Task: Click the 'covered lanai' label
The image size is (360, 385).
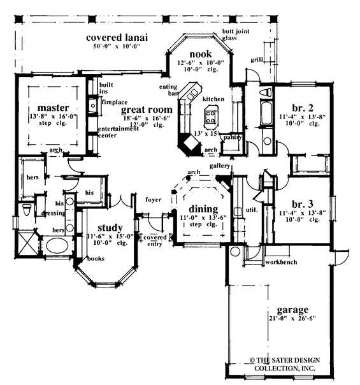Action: point(117,38)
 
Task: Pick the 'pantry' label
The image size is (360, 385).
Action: point(233,137)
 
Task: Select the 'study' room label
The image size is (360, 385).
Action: point(110,228)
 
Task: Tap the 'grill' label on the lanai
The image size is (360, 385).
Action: point(256,60)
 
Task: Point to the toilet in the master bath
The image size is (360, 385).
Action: point(26,210)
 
